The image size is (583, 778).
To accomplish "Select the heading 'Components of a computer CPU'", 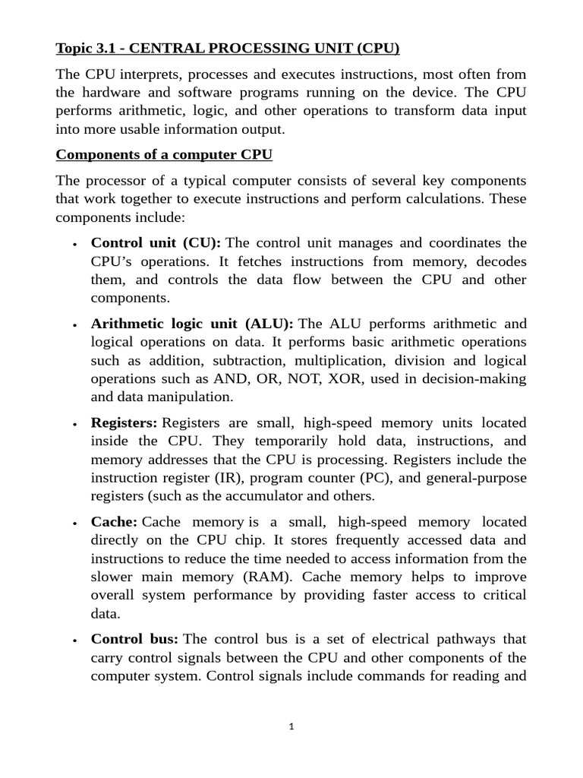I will point(164,154).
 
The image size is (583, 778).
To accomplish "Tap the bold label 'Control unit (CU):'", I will point(156,243).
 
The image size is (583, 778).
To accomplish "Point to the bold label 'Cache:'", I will point(114,522).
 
